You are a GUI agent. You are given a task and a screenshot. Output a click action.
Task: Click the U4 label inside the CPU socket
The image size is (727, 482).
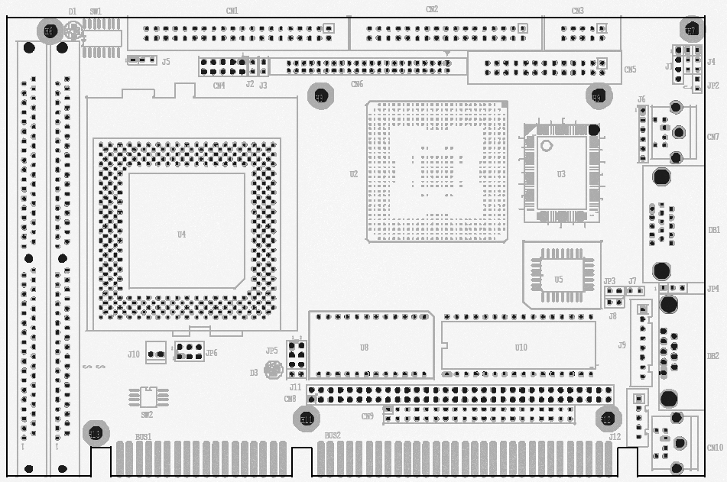(x=181, y=235)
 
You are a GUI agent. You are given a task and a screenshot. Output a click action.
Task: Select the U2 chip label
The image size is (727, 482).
(x=353, y=174)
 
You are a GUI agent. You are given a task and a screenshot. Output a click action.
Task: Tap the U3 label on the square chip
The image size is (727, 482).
(x=561, y=174)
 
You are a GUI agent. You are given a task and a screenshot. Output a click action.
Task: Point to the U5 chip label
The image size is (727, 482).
(x=559, y=280)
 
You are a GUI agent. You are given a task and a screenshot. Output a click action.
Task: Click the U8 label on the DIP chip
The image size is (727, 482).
(x=364, y=348)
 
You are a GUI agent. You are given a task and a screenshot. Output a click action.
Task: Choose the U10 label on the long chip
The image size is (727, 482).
(x=521, y=348)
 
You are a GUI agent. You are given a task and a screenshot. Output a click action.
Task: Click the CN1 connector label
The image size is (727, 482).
(x=232, y=11)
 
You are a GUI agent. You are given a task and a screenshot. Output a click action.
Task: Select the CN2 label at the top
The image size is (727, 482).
(x=432, y=9)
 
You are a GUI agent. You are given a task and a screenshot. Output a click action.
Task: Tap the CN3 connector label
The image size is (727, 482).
(x=577, y=11)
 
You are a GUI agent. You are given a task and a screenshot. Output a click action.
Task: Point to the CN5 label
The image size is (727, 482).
(x=629, y=70)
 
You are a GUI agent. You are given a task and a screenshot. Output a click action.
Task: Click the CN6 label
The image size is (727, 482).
(x=357, y=84)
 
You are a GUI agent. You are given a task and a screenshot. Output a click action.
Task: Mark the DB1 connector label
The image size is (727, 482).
(x=713, y=229)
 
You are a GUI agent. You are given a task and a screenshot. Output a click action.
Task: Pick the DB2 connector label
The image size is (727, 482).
(x=712, y=356)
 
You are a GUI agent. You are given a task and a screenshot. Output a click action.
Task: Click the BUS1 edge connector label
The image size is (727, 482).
(x=143, y=437)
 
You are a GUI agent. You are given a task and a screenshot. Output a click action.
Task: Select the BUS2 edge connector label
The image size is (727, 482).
(x=333, y=435)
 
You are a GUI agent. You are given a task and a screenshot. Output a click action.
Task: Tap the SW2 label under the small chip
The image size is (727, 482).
(x=147, y=415)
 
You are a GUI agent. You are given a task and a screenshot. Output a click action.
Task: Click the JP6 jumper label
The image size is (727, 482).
(x=211, y=353)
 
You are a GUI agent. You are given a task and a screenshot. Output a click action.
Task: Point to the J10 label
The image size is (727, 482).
(x=134, y=354)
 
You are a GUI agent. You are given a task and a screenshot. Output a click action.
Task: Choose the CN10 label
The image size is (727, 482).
(x=714, y=448)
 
